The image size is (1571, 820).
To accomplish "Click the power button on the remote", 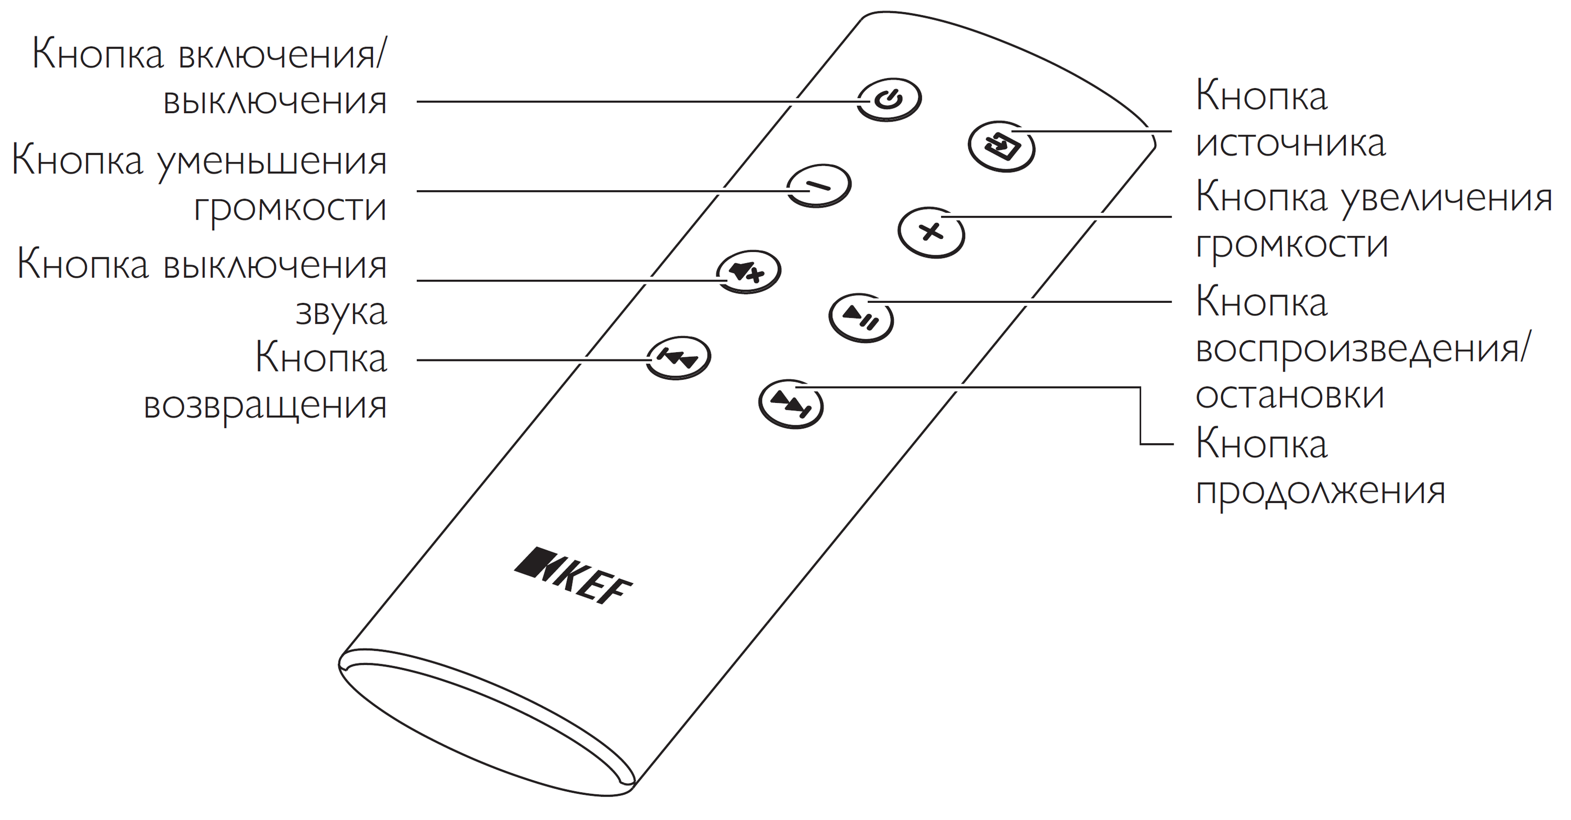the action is coord(889,100).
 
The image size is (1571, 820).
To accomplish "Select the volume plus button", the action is coord(931,233).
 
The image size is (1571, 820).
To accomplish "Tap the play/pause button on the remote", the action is coord(861,318).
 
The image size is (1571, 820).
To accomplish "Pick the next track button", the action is coord(791,404).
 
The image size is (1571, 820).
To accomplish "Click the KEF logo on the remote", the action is coord(573,575).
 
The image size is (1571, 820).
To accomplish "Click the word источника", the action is coord(1291,144).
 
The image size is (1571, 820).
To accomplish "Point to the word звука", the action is coord(341,312).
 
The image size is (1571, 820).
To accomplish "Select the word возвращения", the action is coord(265,404).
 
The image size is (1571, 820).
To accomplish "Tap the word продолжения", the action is coord(1320,490).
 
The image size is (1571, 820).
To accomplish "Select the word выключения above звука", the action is coord(275,266).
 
